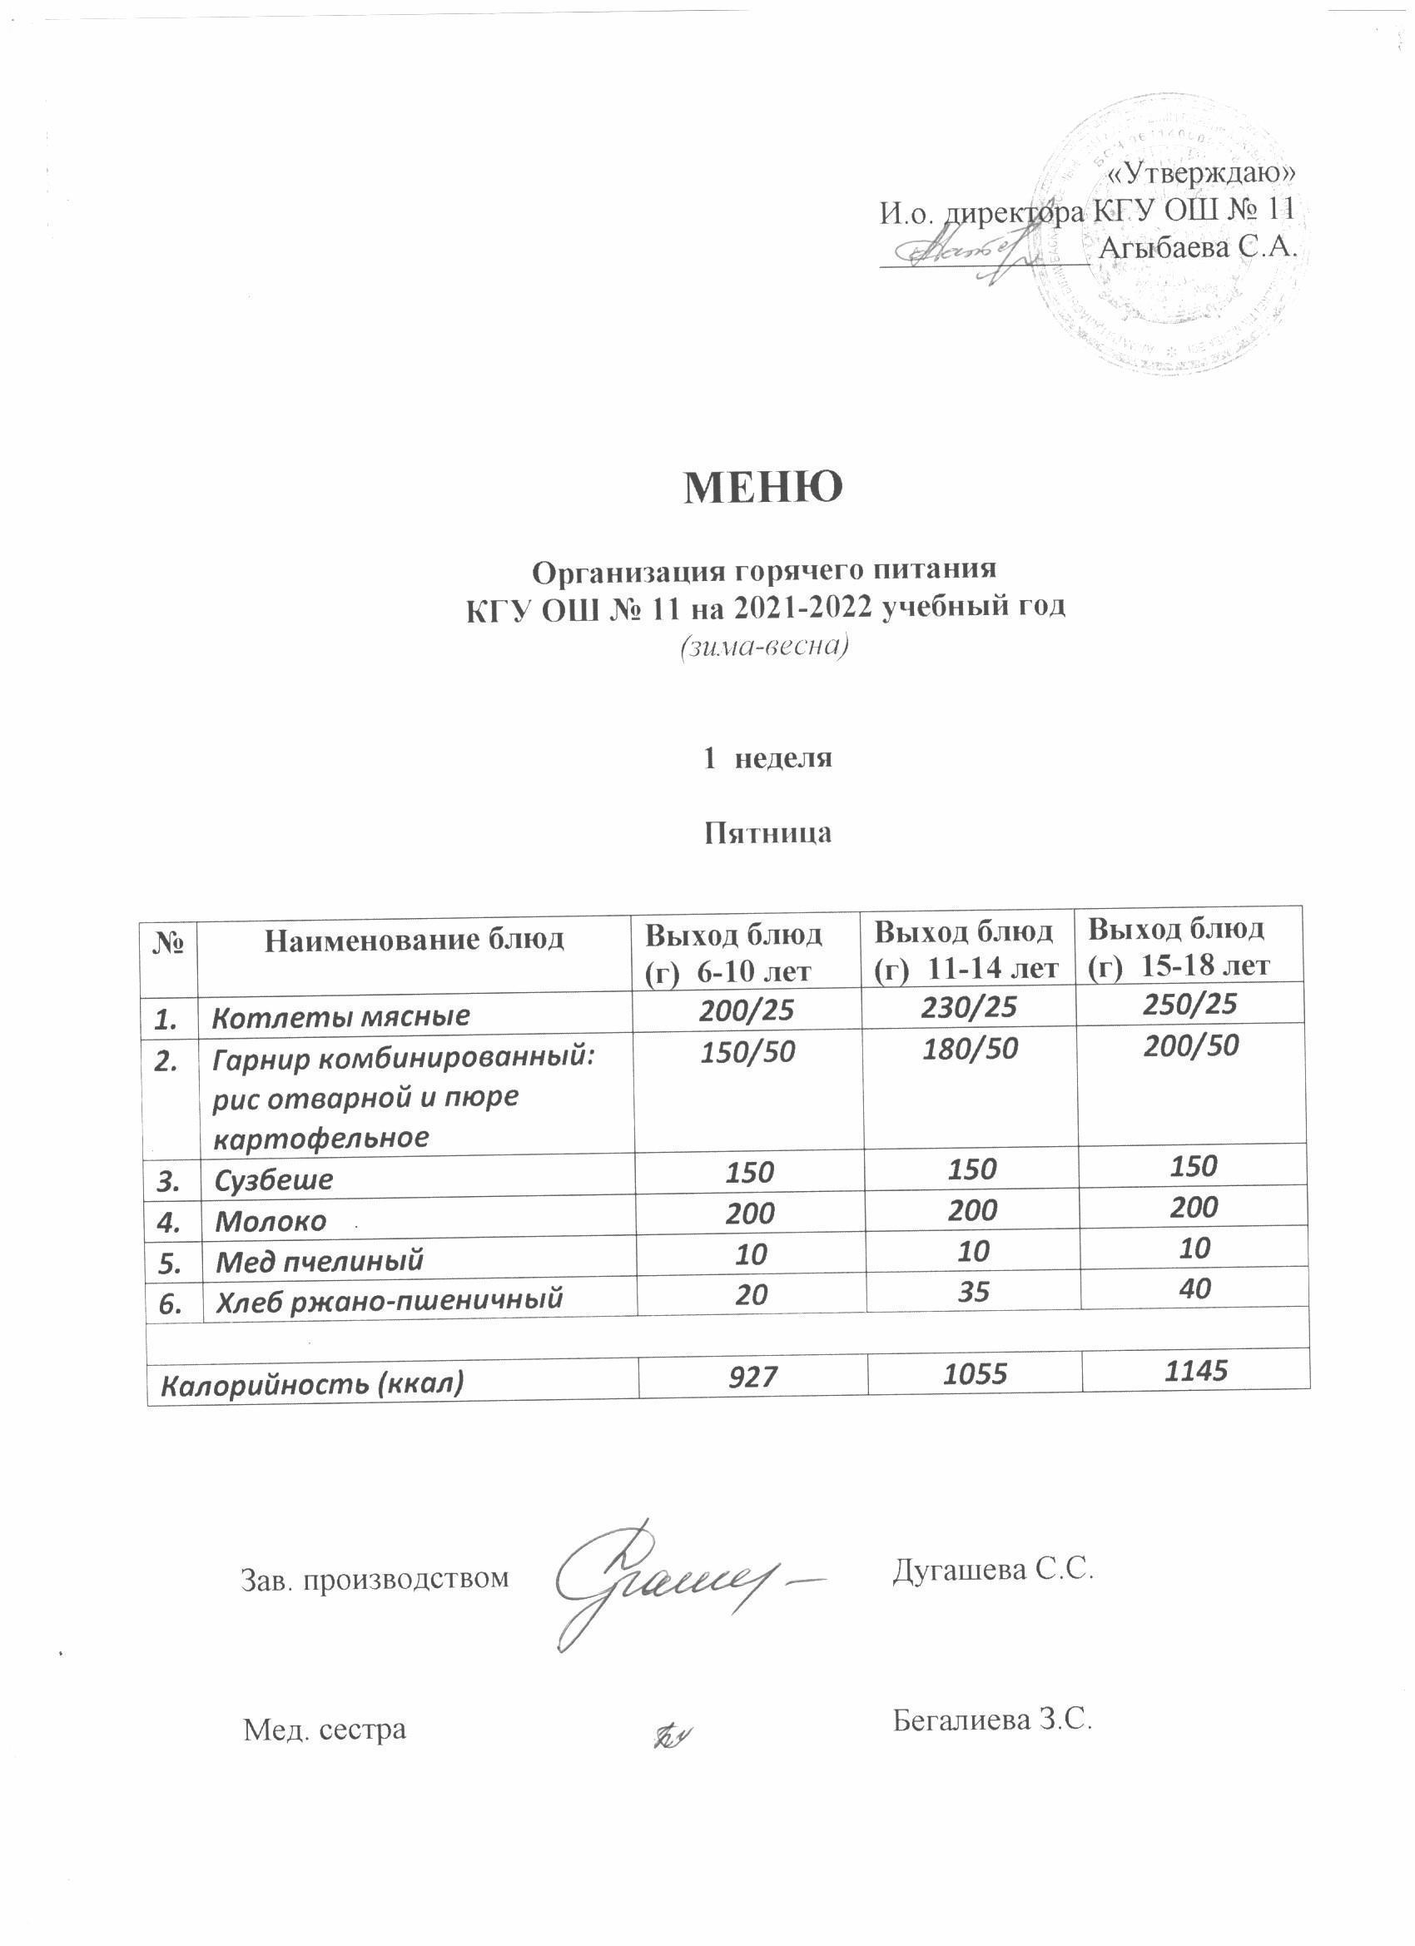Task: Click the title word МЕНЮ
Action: (x=762, y=488)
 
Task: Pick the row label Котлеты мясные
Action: (x=341, y=1016)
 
